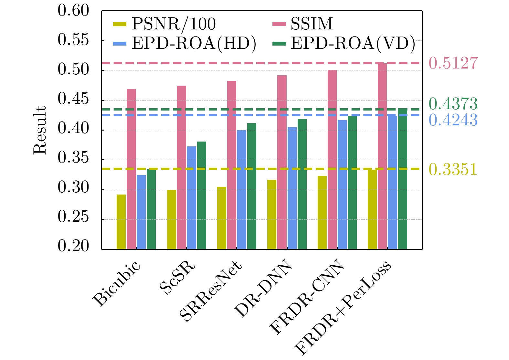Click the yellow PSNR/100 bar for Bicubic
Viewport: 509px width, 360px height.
121,222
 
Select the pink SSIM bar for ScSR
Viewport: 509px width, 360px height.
182,167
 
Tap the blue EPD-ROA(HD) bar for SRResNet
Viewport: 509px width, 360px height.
242,189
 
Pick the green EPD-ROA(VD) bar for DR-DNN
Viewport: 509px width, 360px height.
302,184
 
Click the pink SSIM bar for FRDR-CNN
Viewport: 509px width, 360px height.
332,159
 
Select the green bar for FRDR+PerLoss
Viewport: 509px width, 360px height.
403,179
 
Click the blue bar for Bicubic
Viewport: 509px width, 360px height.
141,212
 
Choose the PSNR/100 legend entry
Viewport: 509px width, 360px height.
165,24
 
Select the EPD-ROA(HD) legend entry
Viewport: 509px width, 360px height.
185,44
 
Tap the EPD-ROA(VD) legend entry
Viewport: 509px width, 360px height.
344,44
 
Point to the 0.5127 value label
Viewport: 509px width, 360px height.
453,63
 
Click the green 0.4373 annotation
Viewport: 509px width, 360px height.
453,104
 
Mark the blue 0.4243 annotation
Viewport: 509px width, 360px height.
453,120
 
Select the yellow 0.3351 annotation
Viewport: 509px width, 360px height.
453,169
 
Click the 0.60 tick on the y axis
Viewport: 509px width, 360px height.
73,11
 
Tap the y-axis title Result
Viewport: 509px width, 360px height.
40,130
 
